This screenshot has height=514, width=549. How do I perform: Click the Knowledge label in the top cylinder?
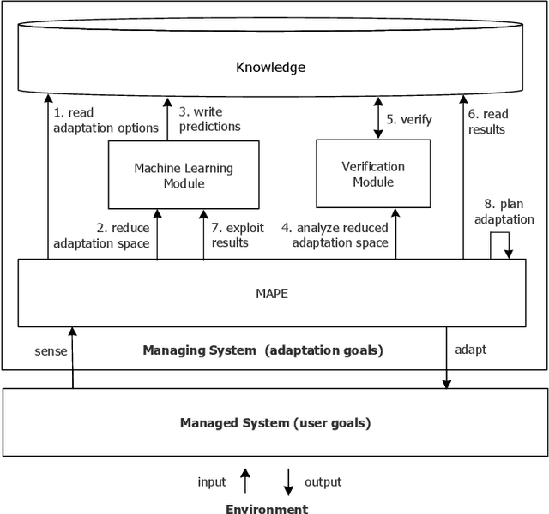coord(271,67)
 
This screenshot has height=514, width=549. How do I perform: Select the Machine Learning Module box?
coord(183,176)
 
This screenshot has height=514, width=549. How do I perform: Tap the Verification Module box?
coord(372,174)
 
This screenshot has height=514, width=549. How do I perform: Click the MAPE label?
coord(271,293)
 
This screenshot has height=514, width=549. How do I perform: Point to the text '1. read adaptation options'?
coord(106,120)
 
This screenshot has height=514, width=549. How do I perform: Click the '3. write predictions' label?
coord(209,119)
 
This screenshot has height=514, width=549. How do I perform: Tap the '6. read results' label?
coord(487,121)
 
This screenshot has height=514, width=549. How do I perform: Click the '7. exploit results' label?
coord(238,236)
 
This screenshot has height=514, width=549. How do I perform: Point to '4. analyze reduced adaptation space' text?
coord(340,236)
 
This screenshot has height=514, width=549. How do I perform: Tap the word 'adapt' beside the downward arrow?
coord(470,350)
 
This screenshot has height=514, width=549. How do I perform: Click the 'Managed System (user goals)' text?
coord(275,422)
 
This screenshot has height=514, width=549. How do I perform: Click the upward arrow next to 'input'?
coord(245,481)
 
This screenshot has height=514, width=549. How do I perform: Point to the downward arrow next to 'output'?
coord(289,482)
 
